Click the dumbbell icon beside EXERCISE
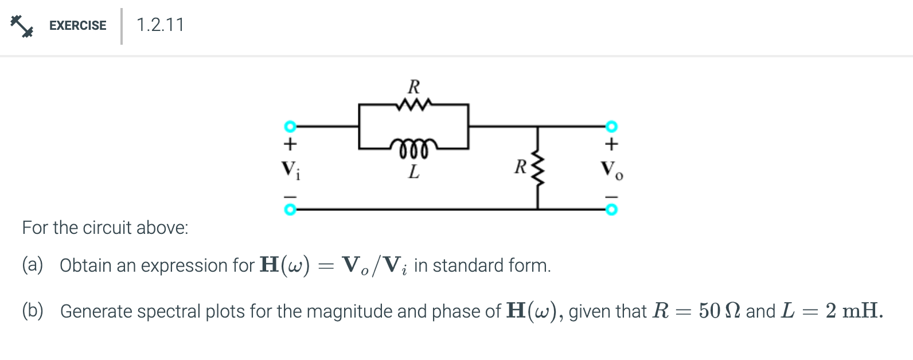coord(22,26)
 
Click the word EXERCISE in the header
coord(77,26)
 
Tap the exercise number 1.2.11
coord(160,25)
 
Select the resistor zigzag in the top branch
coord(413,105)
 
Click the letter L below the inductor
coord(413,171)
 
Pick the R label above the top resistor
coord(413,87)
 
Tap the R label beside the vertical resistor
coord(520,167)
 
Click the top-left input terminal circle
coord(291,126)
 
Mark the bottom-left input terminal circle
coord(291,210)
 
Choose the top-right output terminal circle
coord(612,126)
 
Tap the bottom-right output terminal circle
coord(612,210)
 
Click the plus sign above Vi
coord(291,142)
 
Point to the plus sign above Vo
coord(612,142)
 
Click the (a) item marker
coord(33,265)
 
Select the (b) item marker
coord(33,311)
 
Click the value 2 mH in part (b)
coord(851,311)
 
